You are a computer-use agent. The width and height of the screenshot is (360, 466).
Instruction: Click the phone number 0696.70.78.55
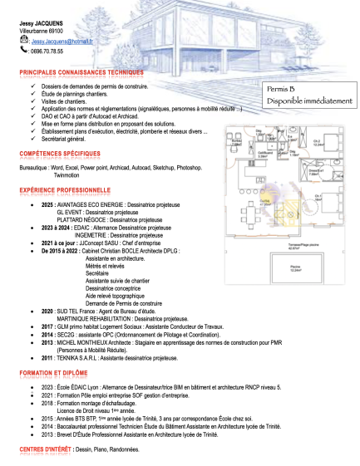tap(47, 52)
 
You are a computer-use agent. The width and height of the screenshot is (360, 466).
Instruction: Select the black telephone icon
tap(23, 51)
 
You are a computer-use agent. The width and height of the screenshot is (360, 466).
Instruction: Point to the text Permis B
tap(281, 89)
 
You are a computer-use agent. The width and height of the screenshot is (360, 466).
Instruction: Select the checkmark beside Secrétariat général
tap(32, 139)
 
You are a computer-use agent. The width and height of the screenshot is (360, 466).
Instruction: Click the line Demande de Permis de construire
tap(124, 304)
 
